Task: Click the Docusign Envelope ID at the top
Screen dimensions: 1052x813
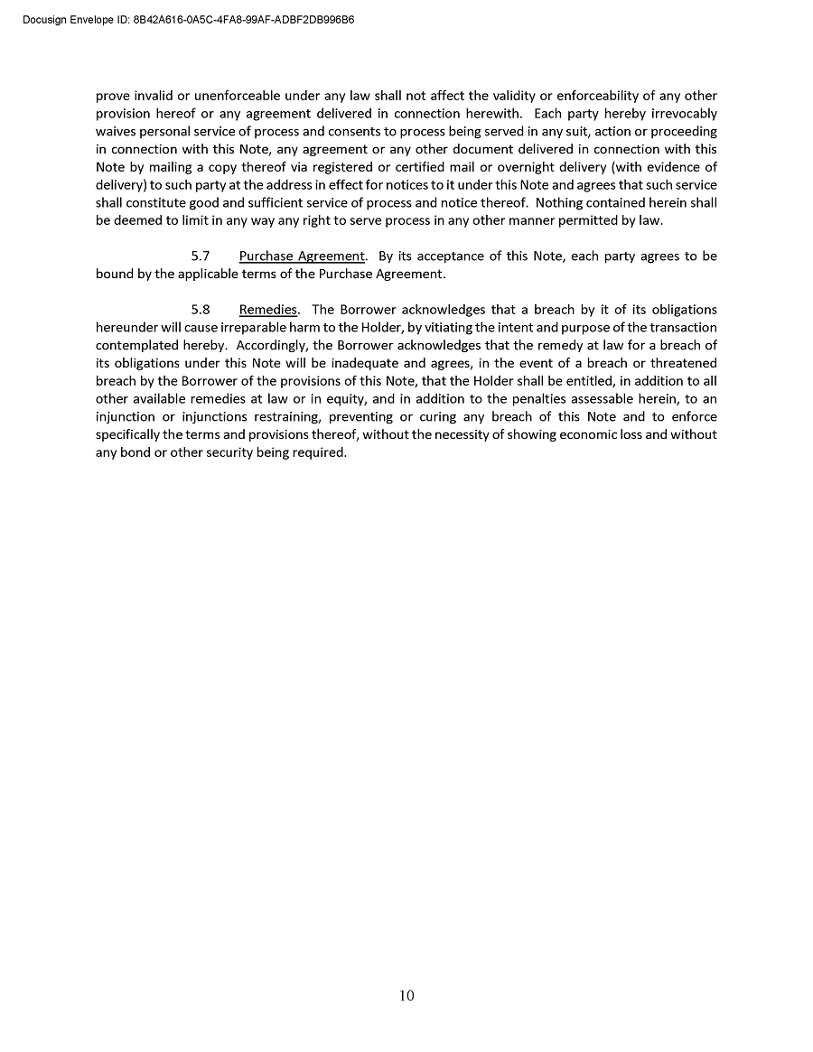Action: click(x=188, y=18)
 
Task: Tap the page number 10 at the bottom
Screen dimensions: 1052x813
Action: click(x=406, y=996)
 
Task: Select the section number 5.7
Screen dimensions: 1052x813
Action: click(x=201, y=256)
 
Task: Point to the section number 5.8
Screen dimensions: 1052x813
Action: click(x=201, y=310)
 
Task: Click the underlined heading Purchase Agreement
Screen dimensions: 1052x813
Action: click(x=302, y=256)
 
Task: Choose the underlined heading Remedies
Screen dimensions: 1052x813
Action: click(x=267, y=310)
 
